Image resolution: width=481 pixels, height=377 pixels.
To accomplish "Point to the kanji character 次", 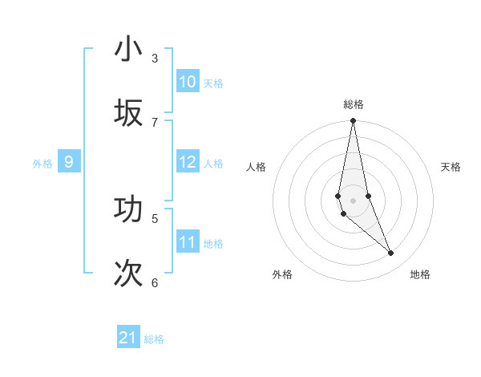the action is coord(128,273).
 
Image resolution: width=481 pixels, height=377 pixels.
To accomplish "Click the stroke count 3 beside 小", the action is coord(155,59).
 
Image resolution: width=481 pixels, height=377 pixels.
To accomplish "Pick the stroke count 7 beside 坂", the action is coord(155,122).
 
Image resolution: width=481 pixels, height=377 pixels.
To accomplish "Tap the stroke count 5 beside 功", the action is coord(155,218).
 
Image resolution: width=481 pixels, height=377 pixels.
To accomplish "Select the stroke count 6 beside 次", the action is coord(155,282).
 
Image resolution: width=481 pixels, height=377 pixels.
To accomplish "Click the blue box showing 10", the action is coord(188,82).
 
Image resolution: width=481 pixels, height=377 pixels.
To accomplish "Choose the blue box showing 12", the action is coord(188,162).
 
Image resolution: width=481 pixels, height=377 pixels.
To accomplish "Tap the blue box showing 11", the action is coord(188,242).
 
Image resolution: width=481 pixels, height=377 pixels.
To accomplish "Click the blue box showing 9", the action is coord(69,162).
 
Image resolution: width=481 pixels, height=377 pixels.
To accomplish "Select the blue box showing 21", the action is coord(128,338).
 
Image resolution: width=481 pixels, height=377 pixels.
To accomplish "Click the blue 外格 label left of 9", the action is coord(42,164).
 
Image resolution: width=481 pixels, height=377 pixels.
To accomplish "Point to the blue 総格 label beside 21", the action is coord(154,339).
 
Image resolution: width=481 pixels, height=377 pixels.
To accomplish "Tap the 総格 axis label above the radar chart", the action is coord(354,104).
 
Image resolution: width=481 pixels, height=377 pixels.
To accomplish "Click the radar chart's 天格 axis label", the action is coord(451,167).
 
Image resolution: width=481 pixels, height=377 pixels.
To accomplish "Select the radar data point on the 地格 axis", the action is coord(391,253).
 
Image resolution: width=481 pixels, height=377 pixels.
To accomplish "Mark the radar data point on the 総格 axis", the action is coord(353,121).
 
